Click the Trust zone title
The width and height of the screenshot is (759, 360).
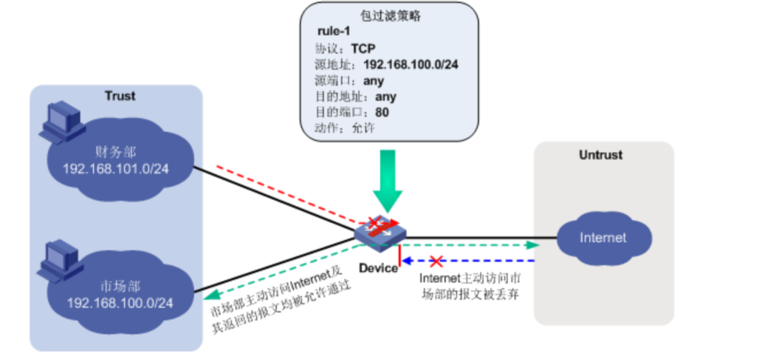(x=120, y=96)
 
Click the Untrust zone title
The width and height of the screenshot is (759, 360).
(x=601, y=155)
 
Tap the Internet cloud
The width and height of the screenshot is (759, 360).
(x=603, y=239)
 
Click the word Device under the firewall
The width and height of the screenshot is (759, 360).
(x=378, y=268)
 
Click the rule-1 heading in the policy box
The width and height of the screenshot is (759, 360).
(x=333, y=32)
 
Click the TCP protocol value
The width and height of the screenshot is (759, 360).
(x=364, y=48)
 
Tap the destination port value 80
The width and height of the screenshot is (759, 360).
(x=382, y=113)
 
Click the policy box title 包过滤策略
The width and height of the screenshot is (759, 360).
(x=390, y=16)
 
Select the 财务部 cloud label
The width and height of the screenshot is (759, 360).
(x=116, y=153)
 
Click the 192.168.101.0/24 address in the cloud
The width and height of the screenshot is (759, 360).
(x=116, y=169)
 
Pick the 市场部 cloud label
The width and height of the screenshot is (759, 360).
(x=119, y=287)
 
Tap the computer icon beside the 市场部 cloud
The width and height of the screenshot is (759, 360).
(x=60, y=261)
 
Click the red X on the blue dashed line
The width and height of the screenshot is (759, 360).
(x=436, y=261)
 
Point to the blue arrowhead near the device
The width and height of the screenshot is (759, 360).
(x=407, y=261)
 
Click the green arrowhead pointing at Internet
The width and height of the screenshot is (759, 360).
(x=532, y=245)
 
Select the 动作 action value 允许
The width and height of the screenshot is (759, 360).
(x=364, y=129)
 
